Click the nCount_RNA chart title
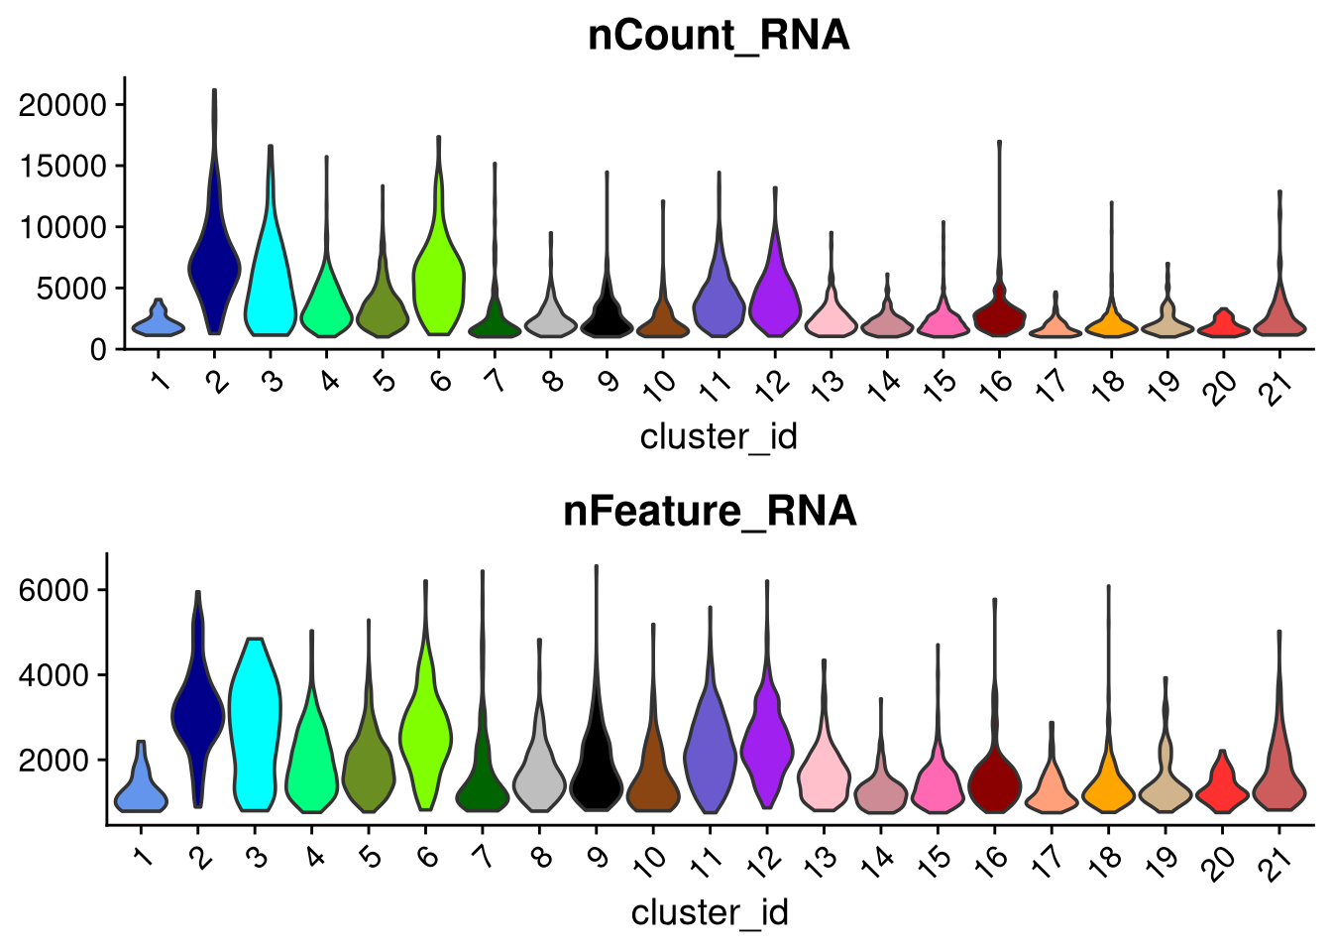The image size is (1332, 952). pos(719,36)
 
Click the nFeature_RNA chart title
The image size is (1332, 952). pos(710,512)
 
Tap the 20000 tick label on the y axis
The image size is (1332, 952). pos(62,105)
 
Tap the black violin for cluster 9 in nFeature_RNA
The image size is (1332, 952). pos(595,773)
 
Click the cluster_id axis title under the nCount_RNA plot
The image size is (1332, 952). pos(719,436)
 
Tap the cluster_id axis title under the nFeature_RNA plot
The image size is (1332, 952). pos(710,912)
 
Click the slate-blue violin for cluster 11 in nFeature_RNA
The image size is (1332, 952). pos(710,754)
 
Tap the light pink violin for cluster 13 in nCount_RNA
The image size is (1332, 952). pos(831,317)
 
